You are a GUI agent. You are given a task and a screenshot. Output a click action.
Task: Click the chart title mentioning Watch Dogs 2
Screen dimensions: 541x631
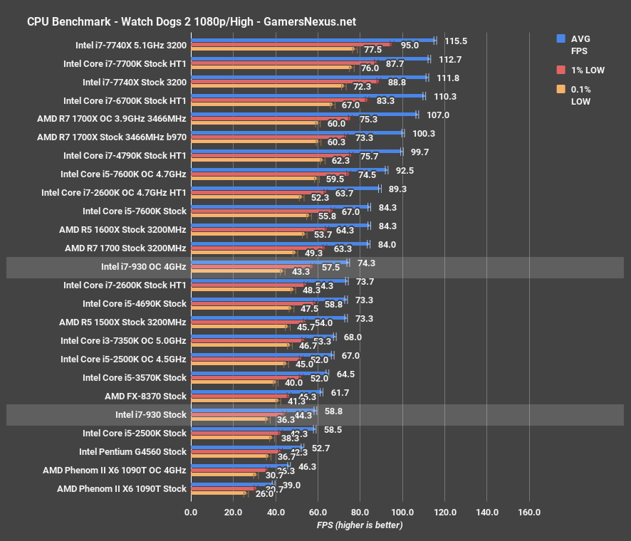tap(192, 21)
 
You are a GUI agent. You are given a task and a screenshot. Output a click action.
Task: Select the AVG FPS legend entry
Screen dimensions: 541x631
tap(580, 45)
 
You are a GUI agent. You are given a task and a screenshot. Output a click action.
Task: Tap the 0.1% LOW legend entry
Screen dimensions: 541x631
tap(580, 95)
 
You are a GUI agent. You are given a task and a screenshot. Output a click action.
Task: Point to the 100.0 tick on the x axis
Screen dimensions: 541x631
tap(402, 512)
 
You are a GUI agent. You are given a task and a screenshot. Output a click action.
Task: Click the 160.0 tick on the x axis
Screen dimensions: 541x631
tap(529, 512)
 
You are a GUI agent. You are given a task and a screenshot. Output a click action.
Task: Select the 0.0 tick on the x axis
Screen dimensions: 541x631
tap(191, 512)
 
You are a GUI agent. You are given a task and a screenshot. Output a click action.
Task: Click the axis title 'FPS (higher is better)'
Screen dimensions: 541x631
tap(360, 525)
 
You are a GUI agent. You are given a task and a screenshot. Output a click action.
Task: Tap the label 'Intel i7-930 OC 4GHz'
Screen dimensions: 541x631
tap(144, 267)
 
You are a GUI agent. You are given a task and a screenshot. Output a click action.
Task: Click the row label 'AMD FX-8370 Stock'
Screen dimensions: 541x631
tap(145, 396)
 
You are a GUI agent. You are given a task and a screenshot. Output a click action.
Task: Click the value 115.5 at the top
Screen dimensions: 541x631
tap(455, 41)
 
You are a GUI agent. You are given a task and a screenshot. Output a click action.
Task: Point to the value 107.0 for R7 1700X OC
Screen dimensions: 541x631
tap(437, 115)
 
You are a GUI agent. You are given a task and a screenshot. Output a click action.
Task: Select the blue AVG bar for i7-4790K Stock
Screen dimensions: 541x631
tap(296, 152)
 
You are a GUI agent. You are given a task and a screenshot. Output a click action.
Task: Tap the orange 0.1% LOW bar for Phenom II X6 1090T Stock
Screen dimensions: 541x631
tap(218, 493)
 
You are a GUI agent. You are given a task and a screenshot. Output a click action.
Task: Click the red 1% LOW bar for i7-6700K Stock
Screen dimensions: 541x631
tap(278, 100)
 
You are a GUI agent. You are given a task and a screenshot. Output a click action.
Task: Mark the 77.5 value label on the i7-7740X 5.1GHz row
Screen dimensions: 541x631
tap(372, 51)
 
